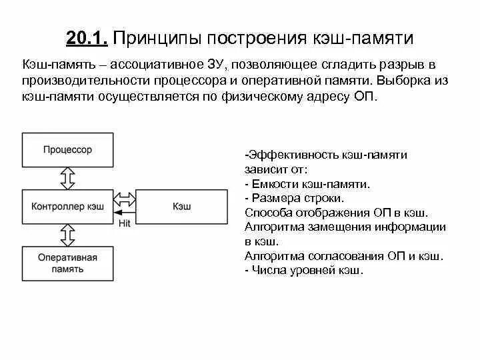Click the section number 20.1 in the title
pos(87,38)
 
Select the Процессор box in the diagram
pos(67,150)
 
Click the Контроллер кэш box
pos(67,207)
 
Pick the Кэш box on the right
pos(182,207)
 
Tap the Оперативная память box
pos(67,263)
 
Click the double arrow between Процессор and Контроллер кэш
pos(67,178)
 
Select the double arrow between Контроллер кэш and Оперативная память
pos(67,235)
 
